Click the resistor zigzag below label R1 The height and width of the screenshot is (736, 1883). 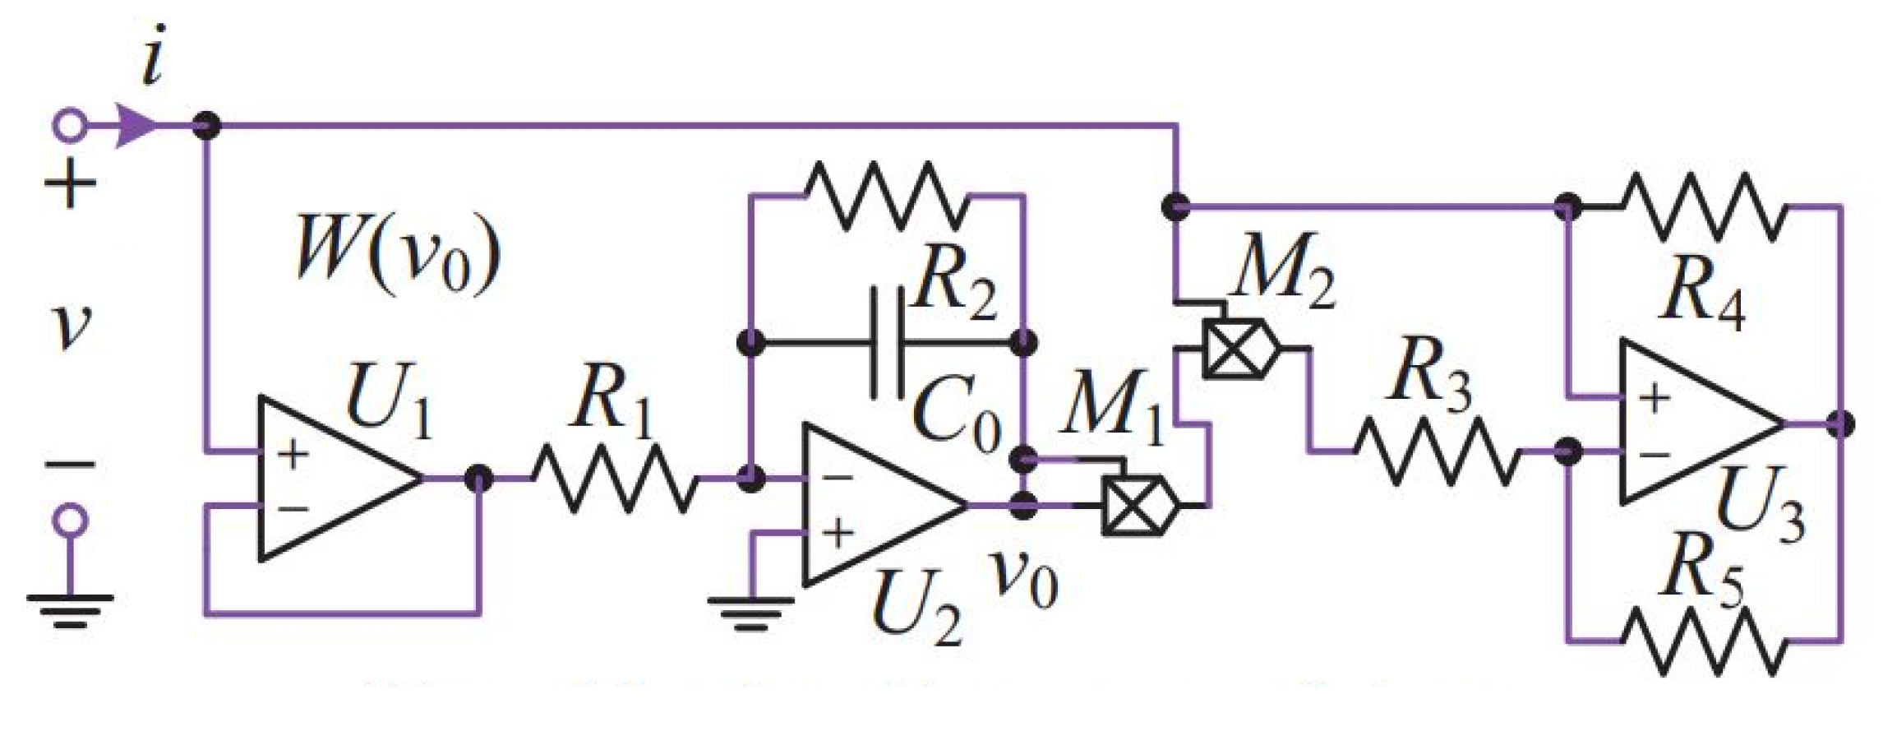[615, 478]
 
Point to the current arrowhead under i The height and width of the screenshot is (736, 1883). [136, 127]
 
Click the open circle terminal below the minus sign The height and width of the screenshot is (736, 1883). [70, 520]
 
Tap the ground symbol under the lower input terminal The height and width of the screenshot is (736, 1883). [70, 609]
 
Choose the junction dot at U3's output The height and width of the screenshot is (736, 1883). [1842, 424]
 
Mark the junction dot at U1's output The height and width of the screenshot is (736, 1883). [478, 478]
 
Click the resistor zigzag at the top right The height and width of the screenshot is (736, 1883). [1701, 207]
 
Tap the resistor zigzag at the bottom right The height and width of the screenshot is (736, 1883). [1701, 641]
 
